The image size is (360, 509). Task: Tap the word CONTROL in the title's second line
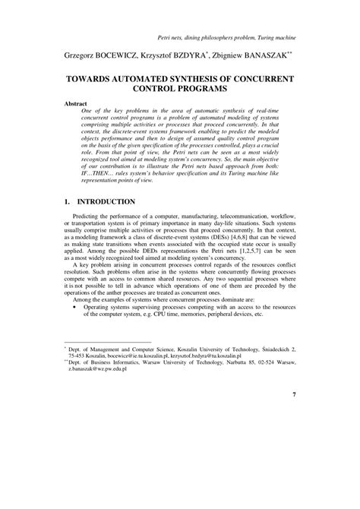159,90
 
